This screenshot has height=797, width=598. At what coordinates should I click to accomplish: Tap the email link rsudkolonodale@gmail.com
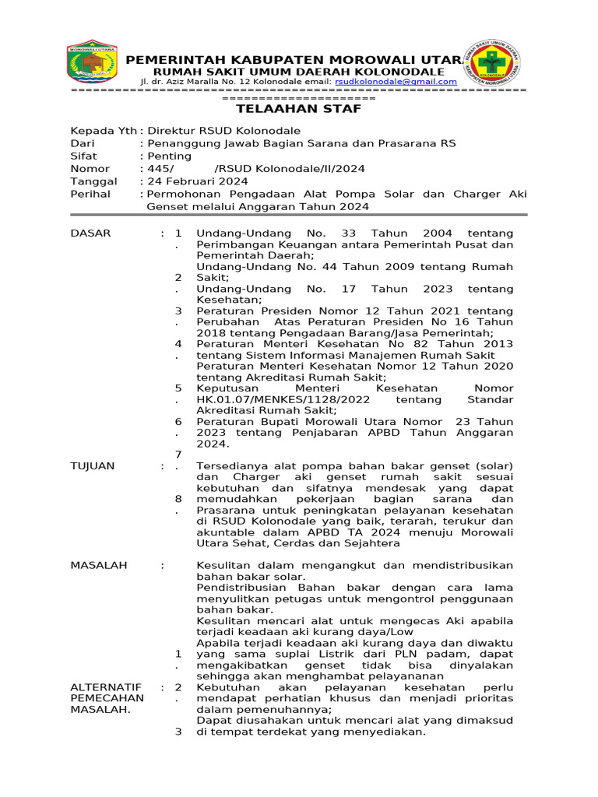coord(391,82)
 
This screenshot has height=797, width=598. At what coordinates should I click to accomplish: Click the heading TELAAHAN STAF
coord(299,109)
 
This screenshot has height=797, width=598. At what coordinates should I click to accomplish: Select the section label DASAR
coord(91,233)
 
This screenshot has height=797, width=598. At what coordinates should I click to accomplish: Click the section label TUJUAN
coord(93,465)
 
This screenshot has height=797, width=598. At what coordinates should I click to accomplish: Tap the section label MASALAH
coord(99,565)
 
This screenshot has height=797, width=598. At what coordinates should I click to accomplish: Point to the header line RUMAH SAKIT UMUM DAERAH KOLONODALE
coord(298,72)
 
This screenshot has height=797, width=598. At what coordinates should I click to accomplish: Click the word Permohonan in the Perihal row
coord(181,194)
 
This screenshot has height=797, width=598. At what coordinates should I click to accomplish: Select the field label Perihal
coord(90,193)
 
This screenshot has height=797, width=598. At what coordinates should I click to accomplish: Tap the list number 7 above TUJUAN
coord(178,454)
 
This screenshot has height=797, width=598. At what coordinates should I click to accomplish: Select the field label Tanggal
coord(93,181)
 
